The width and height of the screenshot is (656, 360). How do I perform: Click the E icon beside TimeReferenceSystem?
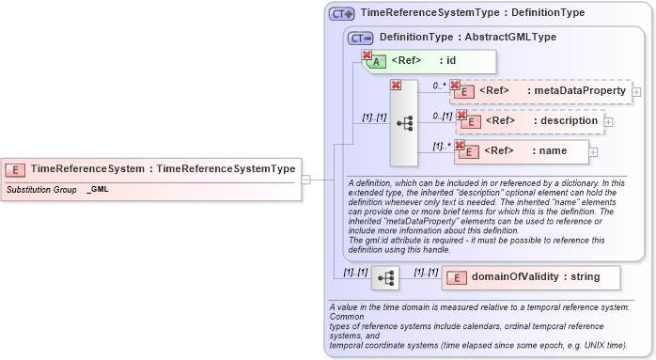[15, 169]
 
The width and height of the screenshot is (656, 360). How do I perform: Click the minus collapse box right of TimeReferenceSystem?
[305, 179]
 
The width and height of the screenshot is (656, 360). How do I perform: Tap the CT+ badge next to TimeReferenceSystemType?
[341, 14]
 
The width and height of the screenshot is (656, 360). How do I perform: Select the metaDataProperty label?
[576, 91]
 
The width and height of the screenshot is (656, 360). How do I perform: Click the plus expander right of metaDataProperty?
[636, 92]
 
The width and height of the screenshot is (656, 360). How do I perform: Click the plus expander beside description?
[608, 121]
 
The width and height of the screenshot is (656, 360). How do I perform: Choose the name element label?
[552, 150]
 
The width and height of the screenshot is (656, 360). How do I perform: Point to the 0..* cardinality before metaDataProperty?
[439, 86]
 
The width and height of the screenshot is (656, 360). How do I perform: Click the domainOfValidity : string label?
[535, 277]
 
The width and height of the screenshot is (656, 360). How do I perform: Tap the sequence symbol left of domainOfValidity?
[385, 278]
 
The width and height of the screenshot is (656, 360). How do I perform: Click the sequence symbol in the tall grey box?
[404, 122]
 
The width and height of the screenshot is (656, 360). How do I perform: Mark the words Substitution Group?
[41, 190]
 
